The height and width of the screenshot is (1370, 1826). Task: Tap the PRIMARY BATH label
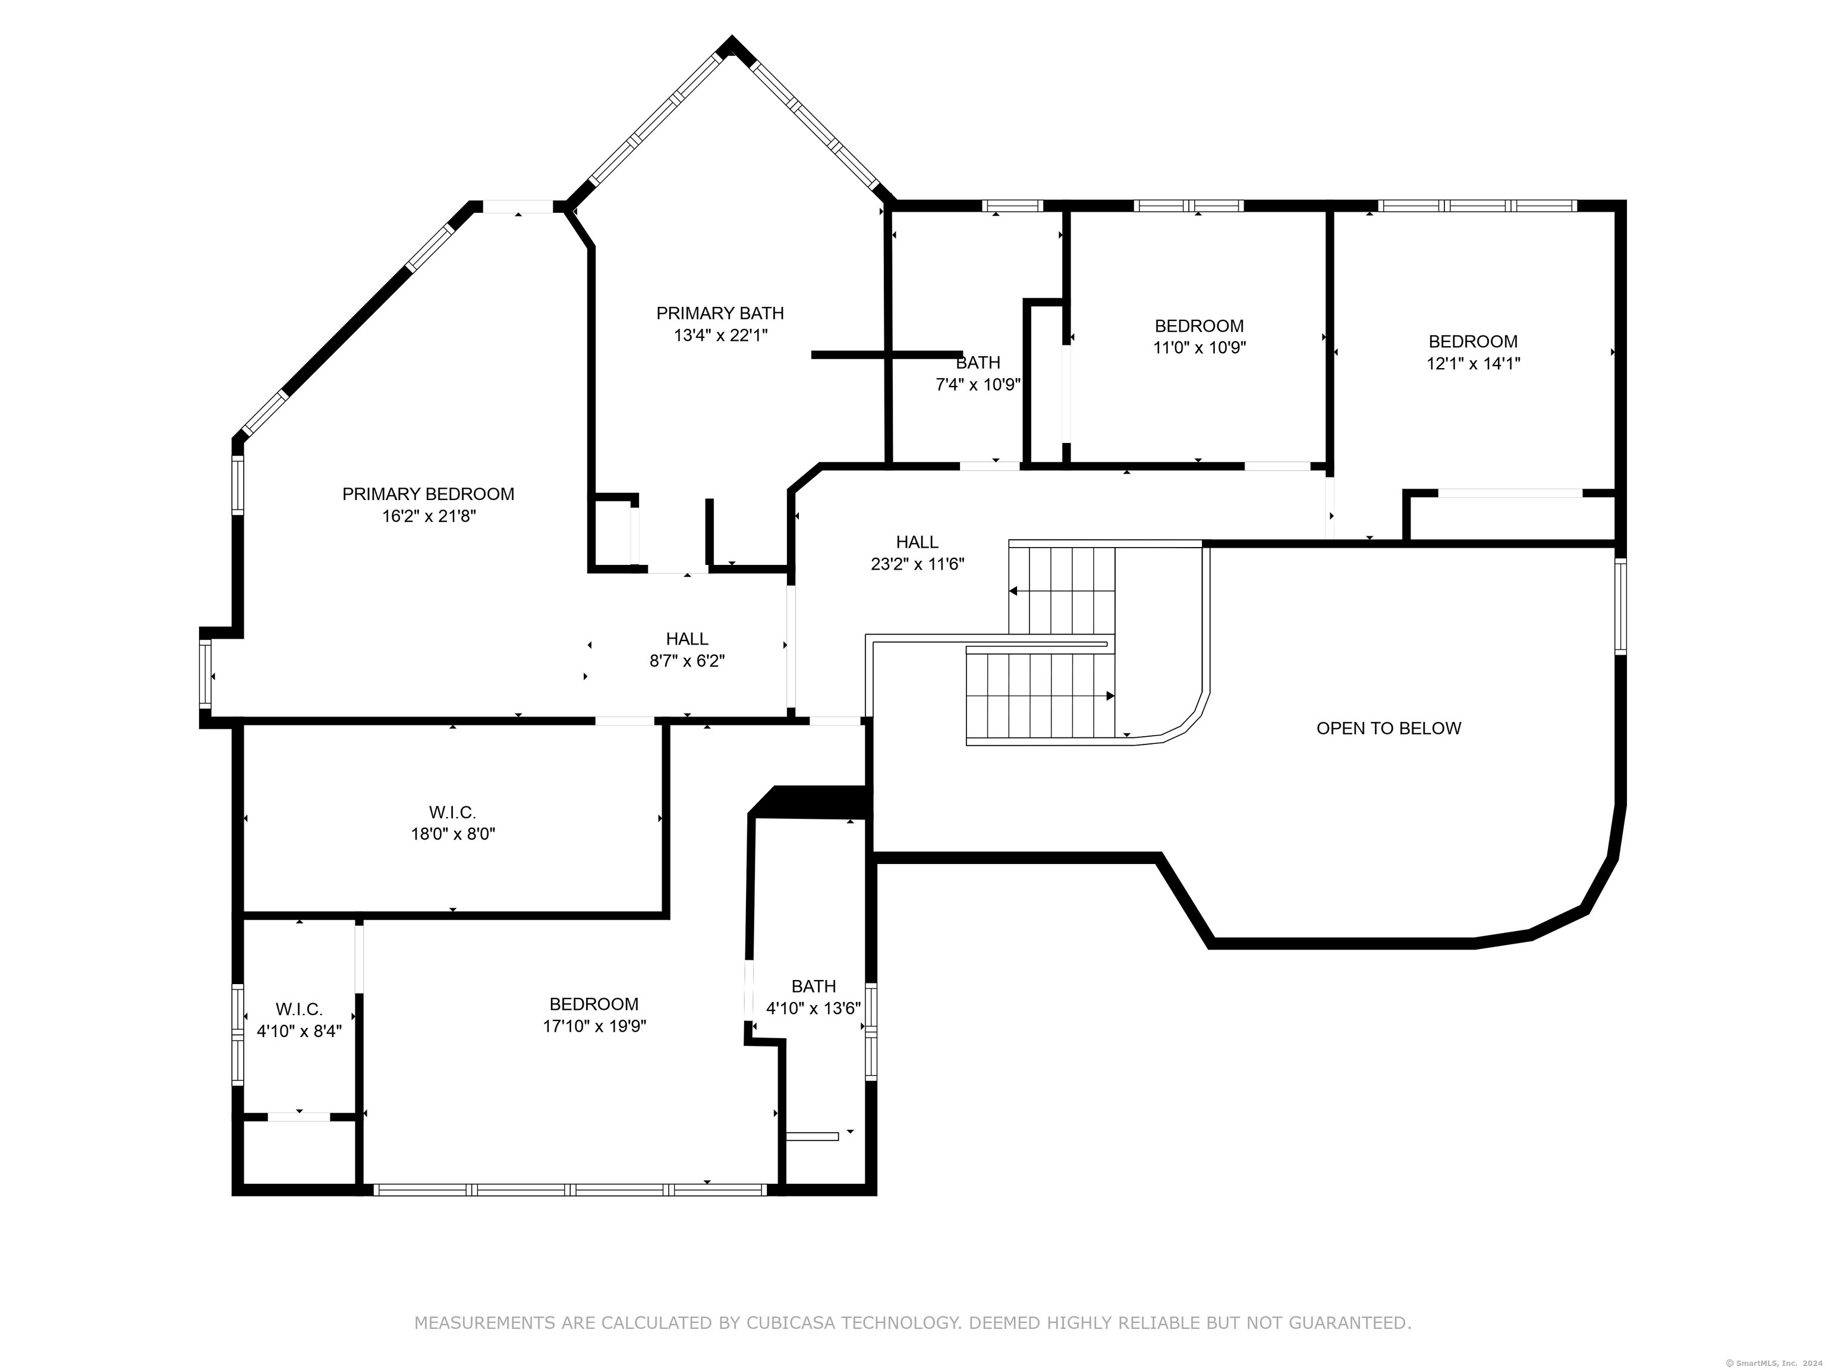pyautogui.click(x=720, y=313)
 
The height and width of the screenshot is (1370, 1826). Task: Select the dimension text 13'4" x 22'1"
pyautogui.click(x=720, y=335)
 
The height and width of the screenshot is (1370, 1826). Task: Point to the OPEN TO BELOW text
pyautogui.click(x=1389, y=728)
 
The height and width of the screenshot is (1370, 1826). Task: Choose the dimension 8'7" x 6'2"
pyautogui.click(x=687, y=661)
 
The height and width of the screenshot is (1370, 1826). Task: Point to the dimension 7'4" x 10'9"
pyautogui.click(x=978, y=385)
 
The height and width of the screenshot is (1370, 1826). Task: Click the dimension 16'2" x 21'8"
pyautogui.click(x=429, y=516)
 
